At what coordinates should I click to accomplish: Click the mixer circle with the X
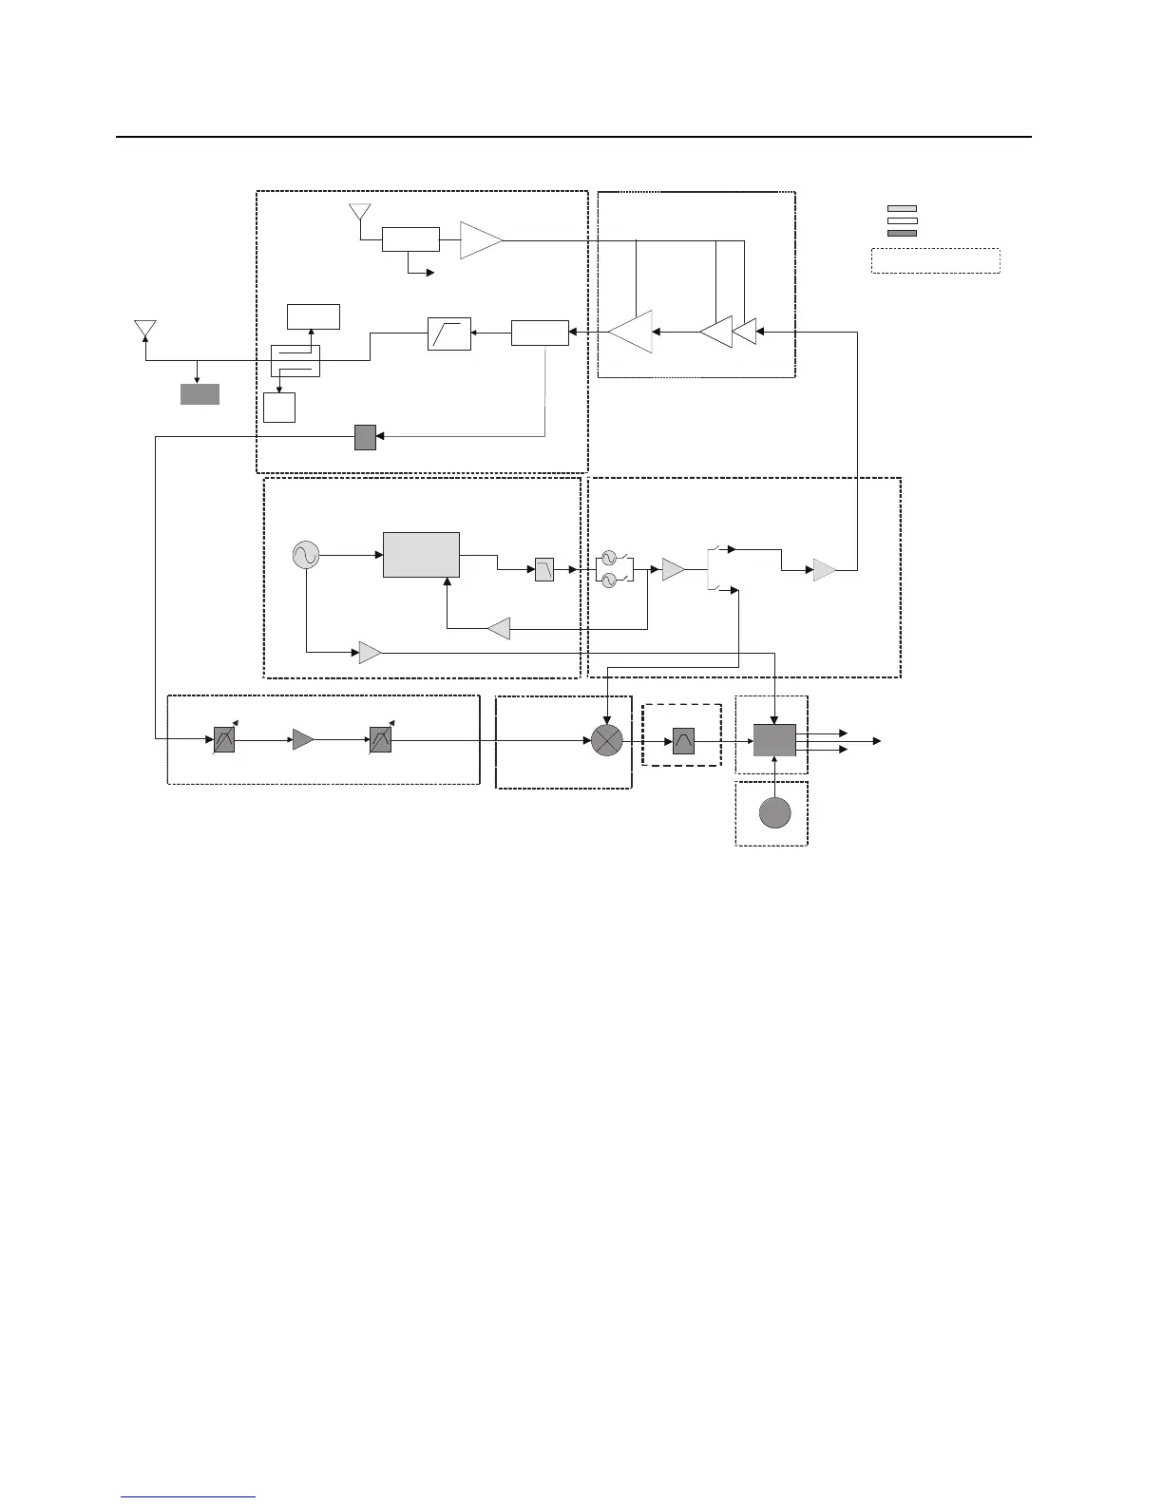(605, 741)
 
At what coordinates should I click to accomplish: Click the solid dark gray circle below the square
(775, 813)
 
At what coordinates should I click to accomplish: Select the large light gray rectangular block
(421, 554)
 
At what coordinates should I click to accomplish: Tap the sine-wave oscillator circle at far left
(306, 554)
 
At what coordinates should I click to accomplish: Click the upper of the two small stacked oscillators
(609, 559)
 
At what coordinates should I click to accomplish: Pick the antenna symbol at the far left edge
(144, 330)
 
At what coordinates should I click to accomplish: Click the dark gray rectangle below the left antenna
(200, 394)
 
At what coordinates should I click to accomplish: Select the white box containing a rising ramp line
(448, 334)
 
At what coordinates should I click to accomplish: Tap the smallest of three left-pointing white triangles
(746, 332)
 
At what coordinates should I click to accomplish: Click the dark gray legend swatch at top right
(902, 233)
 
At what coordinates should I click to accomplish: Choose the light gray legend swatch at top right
(902, 208)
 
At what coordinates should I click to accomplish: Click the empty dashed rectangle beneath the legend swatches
(936, 261)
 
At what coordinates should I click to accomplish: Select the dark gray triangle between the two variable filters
(302, 739)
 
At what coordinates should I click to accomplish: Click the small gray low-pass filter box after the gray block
(543, 570)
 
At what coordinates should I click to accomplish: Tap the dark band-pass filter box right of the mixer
(683, 740)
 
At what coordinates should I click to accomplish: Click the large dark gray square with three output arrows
(774, 740)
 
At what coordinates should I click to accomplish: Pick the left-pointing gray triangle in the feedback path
(499, 628)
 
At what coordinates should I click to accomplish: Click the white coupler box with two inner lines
(296, 361)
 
